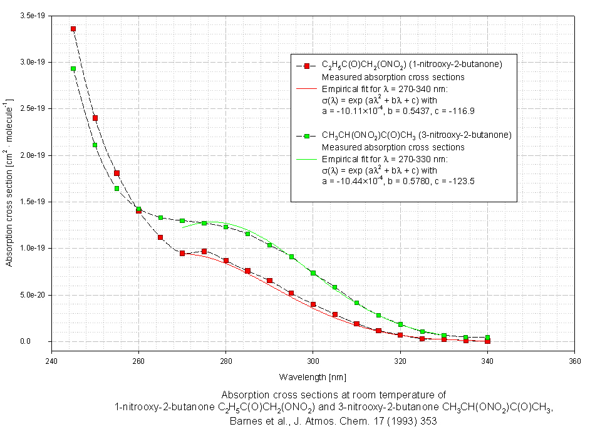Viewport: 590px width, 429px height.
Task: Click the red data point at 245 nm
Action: pyautogui.click(x=73, y=29)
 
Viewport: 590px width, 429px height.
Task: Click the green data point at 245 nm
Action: pyautogui.click(x=73, y=69)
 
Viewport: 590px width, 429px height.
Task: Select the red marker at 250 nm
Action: pyautogui.click(x=95, y=118)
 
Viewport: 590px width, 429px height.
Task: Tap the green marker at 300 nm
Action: pyautogui.click(x=313, y=273)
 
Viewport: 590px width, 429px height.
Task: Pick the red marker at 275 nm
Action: pyautogui.click(x=204, y=251)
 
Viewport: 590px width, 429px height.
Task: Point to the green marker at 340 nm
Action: pyautogui.click(x=487, y=338)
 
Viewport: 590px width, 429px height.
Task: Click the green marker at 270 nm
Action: pyautogui.click(x=182, y=221)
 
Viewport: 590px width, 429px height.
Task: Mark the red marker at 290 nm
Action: pyautogui.click(x=269, y=281)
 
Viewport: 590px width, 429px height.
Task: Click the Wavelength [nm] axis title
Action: pyautogui.click(x=313, y=377)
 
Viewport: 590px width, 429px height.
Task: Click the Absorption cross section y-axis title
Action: pyautogui.click(x=9, y=182)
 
